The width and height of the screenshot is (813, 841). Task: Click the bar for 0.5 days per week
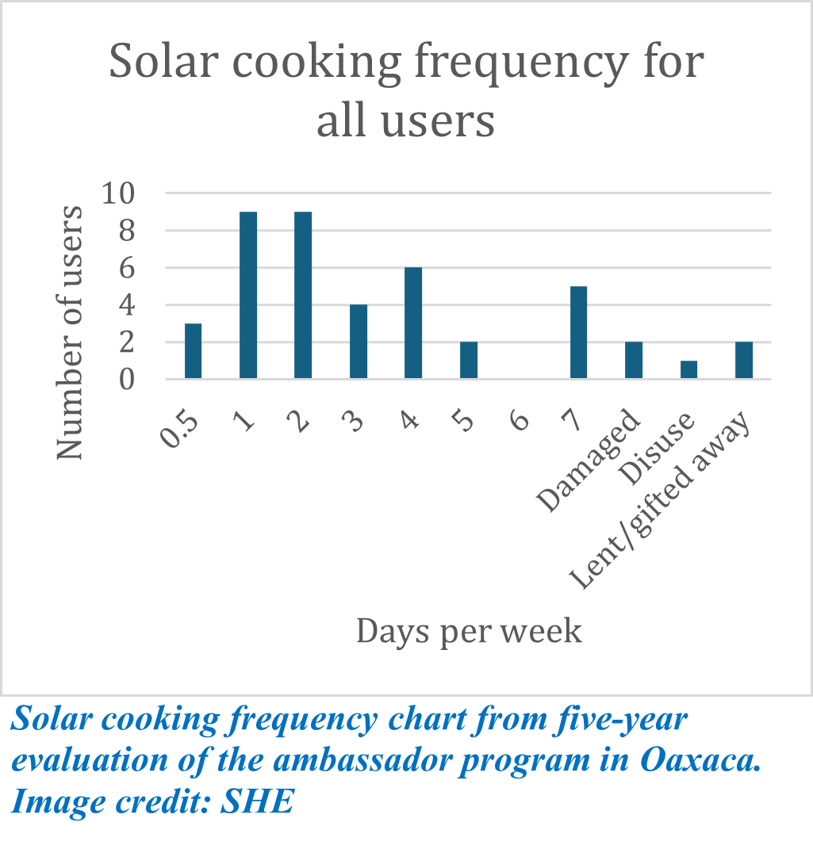coord(194,351)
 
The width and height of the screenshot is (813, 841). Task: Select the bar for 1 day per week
coord(248,296)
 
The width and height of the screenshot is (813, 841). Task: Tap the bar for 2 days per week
coord(303,296)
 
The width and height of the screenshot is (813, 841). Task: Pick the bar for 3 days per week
coord(359,342)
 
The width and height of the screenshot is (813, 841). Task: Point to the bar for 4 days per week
coord(413,323)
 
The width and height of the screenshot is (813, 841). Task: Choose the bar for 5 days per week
coord(469,361)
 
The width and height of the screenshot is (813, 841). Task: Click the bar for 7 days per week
coord(578,333)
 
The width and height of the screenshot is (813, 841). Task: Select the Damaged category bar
coord(634,361)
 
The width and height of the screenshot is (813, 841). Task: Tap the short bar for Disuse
coord(688,370)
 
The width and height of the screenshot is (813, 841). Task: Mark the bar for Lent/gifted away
coord(744,361)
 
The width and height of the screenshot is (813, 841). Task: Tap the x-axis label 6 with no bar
coord(520,419)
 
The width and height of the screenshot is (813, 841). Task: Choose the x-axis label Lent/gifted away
coord(661,503)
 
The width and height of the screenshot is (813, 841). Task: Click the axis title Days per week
coord(469,632)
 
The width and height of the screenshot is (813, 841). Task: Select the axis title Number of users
coord(70,333)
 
